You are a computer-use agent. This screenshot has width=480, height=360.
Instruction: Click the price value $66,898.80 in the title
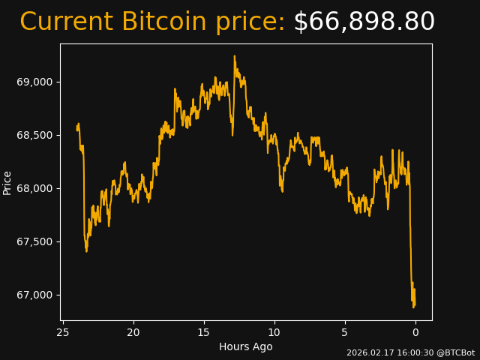364,22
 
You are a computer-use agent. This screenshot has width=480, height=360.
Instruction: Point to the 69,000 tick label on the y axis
35,82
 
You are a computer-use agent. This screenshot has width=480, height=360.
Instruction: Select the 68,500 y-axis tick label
35,135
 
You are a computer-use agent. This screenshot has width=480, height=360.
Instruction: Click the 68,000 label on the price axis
35,188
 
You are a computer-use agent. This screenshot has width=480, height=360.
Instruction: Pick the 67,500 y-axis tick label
35,241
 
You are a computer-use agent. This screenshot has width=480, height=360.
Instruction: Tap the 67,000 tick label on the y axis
35,295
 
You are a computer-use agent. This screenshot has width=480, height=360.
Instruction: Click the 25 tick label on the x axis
63,332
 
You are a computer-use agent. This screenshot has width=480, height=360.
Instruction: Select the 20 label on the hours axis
133,332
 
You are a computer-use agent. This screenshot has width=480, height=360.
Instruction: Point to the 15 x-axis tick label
204,332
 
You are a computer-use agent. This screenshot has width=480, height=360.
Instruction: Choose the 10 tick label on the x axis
274,332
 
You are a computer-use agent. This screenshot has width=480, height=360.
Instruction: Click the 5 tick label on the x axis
345,332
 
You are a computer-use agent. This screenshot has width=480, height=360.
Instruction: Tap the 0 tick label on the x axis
415,332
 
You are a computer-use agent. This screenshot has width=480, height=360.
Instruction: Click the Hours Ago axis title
246,346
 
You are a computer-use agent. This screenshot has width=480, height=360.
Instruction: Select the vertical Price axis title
7,182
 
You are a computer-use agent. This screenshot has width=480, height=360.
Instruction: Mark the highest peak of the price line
234,55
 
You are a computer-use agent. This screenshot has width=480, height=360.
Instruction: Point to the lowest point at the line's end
413,307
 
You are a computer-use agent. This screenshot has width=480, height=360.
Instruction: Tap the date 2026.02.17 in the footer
368,352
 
